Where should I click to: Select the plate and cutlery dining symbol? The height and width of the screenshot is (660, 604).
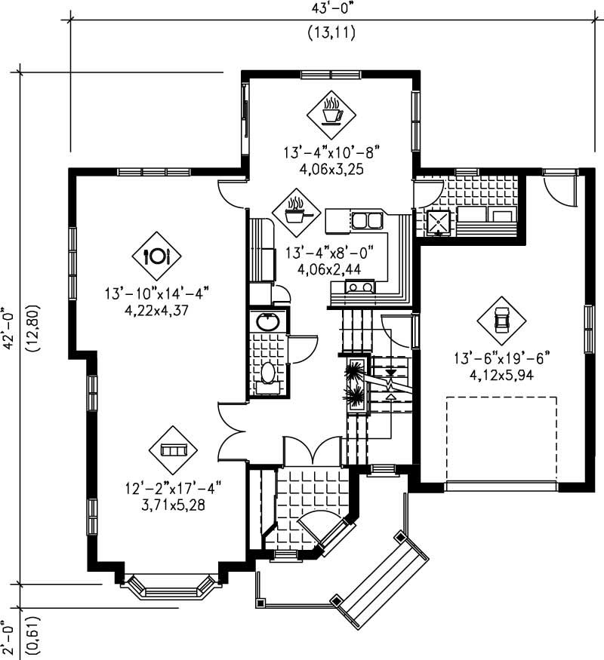tap(156, 256)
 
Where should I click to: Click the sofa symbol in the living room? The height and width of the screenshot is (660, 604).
tap(173, 450)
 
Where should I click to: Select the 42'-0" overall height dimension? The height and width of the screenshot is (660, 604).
tap(8, 329)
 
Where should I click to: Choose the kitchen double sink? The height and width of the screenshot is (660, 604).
tap(368, 221)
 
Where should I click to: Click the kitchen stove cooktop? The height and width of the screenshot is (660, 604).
tap(359, 287)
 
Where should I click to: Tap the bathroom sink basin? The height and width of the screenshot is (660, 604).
tap(267, 322)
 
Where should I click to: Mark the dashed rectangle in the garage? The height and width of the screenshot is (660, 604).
tap(501, 438)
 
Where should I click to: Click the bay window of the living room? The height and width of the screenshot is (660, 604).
tap(168, 586)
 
